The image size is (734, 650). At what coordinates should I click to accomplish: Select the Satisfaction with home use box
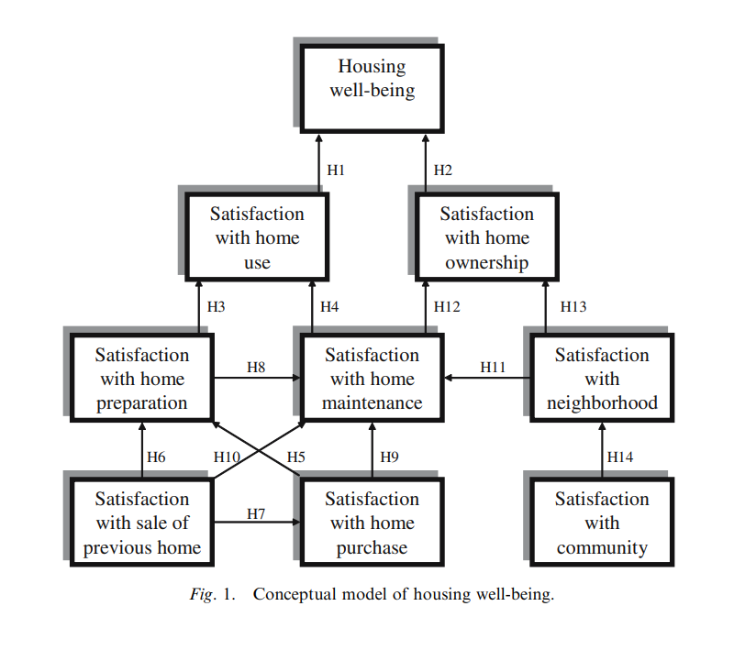pos(257,237)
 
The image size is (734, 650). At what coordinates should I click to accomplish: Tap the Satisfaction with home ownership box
pos(487,237)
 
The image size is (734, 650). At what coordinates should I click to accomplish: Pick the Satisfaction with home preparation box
pos(142,378)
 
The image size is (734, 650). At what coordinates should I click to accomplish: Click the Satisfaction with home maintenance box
pos(373,378)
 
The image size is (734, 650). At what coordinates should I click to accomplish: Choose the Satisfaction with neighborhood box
pos(602,378)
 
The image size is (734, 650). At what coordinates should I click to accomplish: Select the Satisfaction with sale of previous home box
pos(142,523)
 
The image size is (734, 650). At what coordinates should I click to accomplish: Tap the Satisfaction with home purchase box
pos(373,523)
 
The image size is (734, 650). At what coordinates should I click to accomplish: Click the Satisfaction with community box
pos(602,523)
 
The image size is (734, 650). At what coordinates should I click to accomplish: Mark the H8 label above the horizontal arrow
pos(257,367)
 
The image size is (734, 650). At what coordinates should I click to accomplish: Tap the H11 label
pos(493,367)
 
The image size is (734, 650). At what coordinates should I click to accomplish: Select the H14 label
pos(620,457)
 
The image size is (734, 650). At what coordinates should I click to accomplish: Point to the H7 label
pos(256,513)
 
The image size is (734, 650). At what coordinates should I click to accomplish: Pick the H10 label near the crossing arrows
pos(226,457)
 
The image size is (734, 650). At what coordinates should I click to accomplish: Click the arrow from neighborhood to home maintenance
pos(486,377)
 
